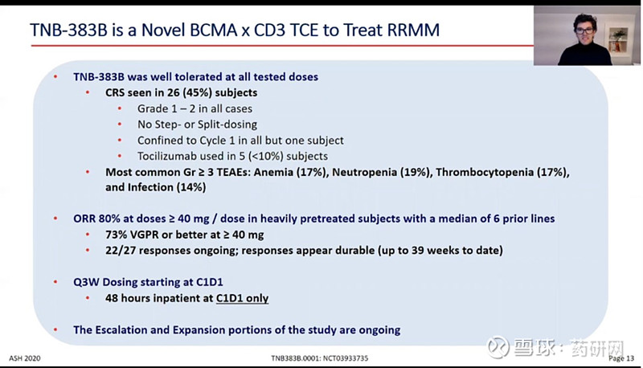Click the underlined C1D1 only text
point(242,298)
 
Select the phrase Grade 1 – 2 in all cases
point(194,108)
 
